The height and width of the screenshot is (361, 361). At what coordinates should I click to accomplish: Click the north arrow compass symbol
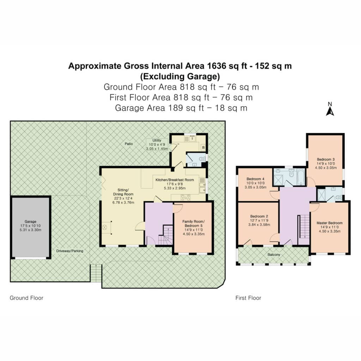pos(330,109)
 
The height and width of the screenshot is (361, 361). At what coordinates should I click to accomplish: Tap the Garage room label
pos(30,221)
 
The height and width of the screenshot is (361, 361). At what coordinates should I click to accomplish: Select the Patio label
pos(129,144)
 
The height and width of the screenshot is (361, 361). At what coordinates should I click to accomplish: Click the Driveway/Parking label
pos(70,251)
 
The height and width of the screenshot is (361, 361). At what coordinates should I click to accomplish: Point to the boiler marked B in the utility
pos(203,147)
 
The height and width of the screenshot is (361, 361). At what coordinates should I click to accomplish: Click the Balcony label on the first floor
pos(274,255)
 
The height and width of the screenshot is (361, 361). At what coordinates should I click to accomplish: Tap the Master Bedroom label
pos(330,223)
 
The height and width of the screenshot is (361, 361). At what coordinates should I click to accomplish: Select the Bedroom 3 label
pos(326,159)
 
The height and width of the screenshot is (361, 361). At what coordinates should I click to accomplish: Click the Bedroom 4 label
pos(255,179)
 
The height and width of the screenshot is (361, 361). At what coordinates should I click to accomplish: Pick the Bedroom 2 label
pos(259,216)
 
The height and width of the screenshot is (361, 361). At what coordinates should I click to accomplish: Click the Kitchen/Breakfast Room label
pos(175,180)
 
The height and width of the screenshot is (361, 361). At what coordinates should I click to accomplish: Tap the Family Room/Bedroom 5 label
pos(194,224)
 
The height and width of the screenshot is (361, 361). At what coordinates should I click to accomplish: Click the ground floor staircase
pos(166,235)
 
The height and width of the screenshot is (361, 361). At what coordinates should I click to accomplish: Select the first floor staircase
pos(304,227)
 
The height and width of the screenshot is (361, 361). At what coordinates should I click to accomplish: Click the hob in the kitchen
pos(185,197)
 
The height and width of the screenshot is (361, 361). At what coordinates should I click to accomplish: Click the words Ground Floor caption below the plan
pos(26,298)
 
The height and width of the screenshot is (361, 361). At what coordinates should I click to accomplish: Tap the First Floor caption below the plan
pos(248,298)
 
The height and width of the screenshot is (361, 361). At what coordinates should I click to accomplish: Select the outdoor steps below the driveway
pos(96,273)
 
